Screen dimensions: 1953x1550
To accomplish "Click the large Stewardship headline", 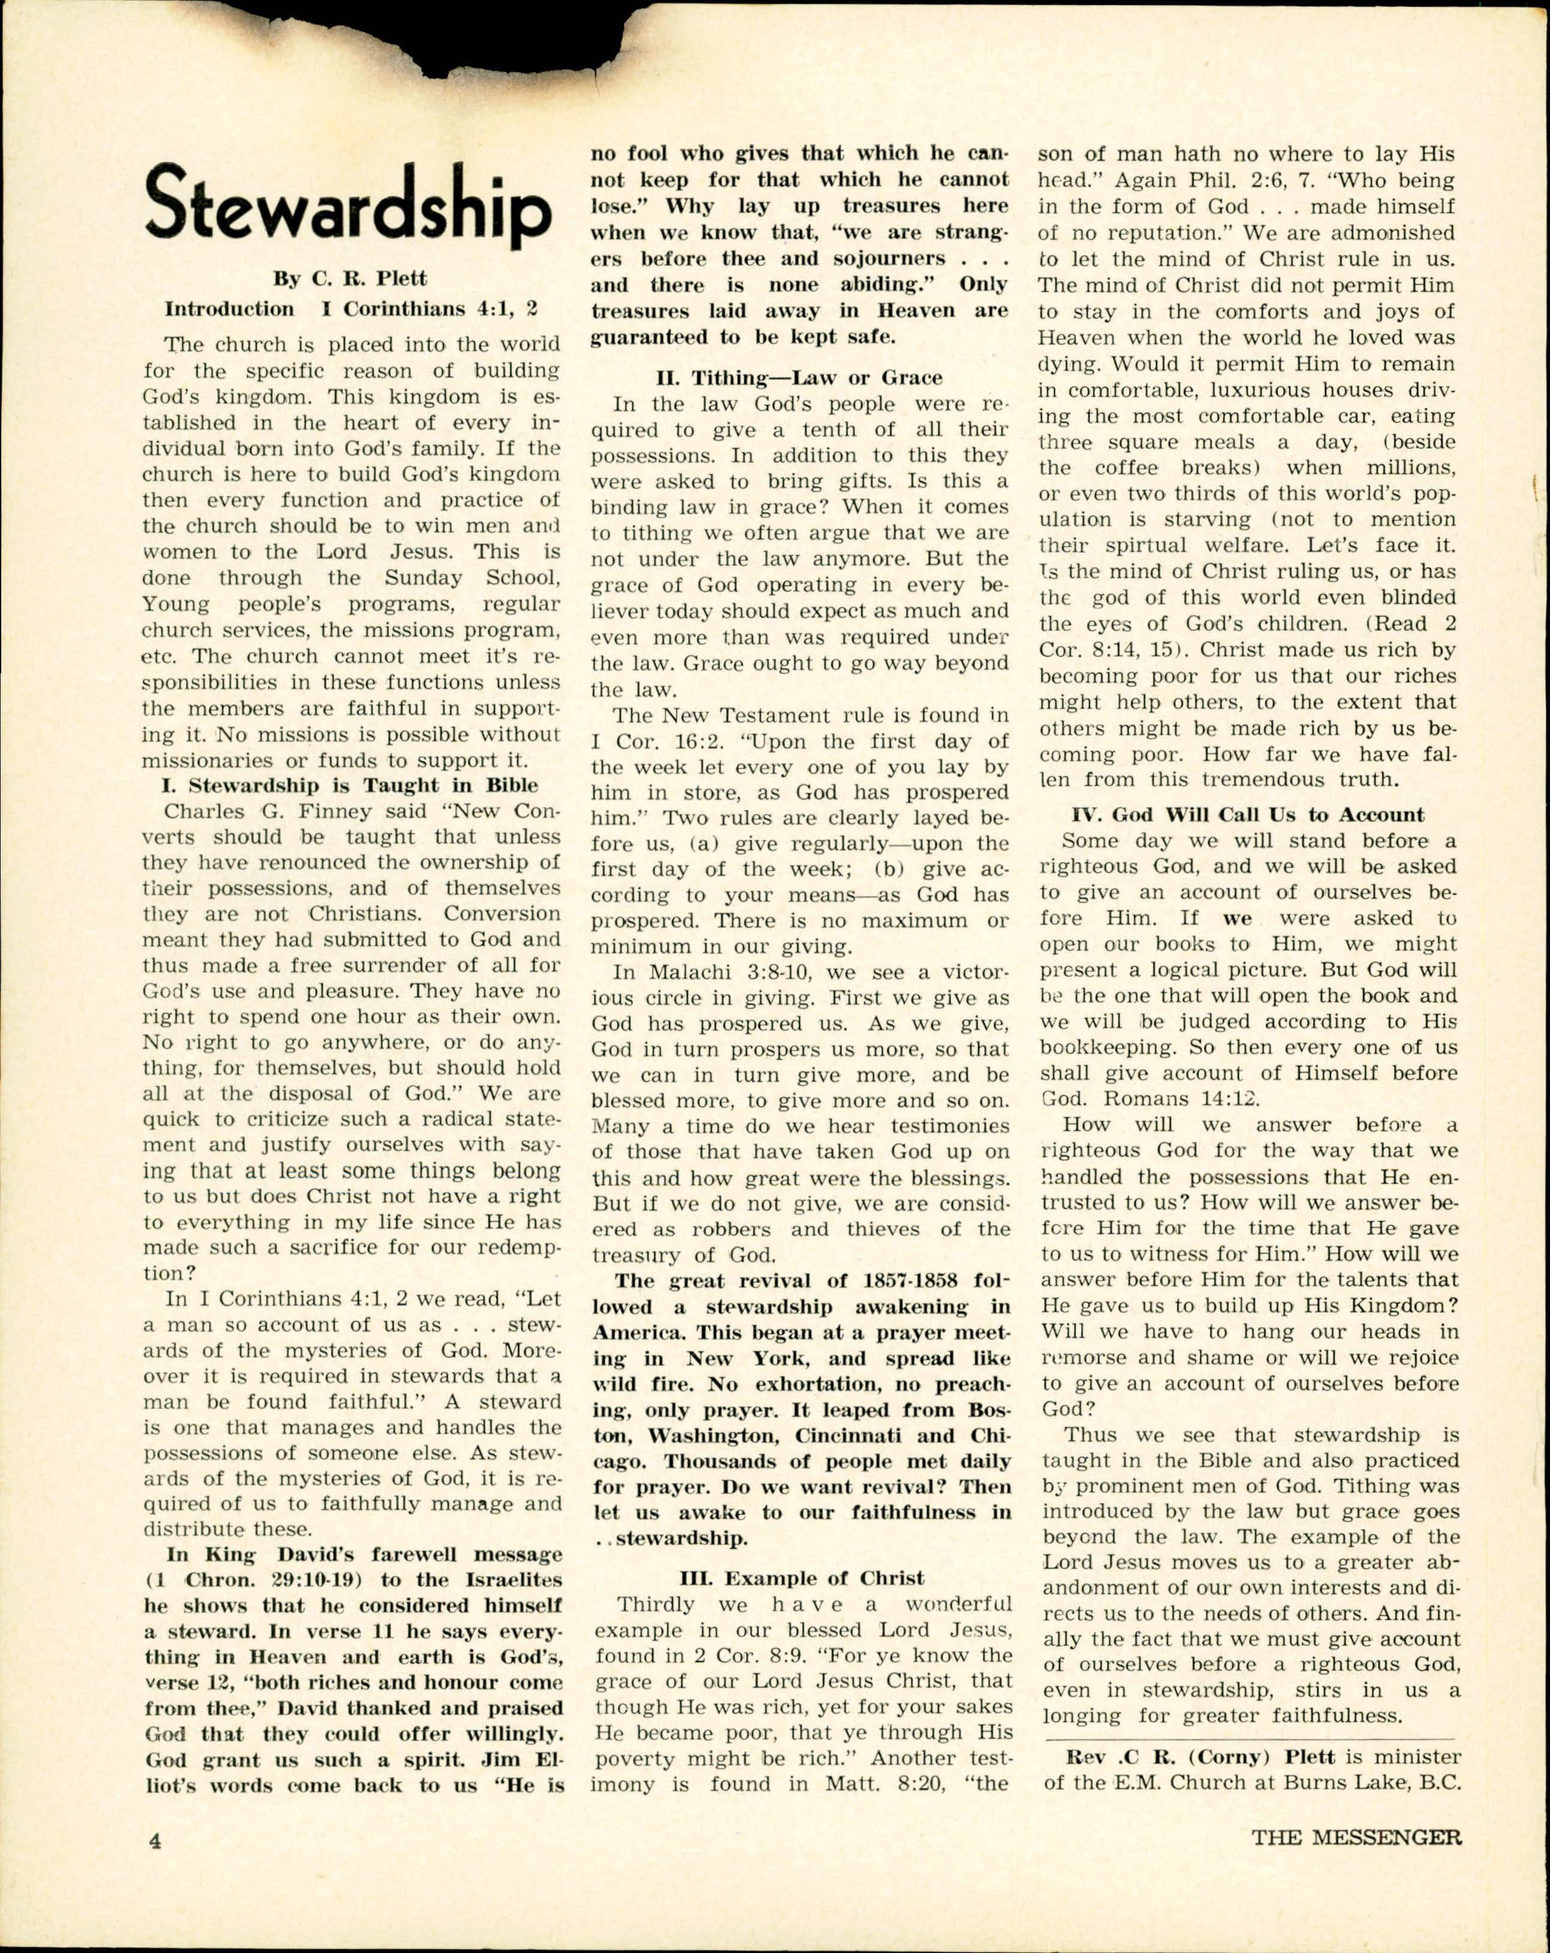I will click(x=348, y=209).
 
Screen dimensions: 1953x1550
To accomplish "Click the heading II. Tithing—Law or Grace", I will click(x=798, y=378).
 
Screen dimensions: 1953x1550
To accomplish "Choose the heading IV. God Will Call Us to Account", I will click(x=1248, y=814).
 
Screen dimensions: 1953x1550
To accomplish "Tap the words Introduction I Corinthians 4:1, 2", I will click(x=350, y=309).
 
